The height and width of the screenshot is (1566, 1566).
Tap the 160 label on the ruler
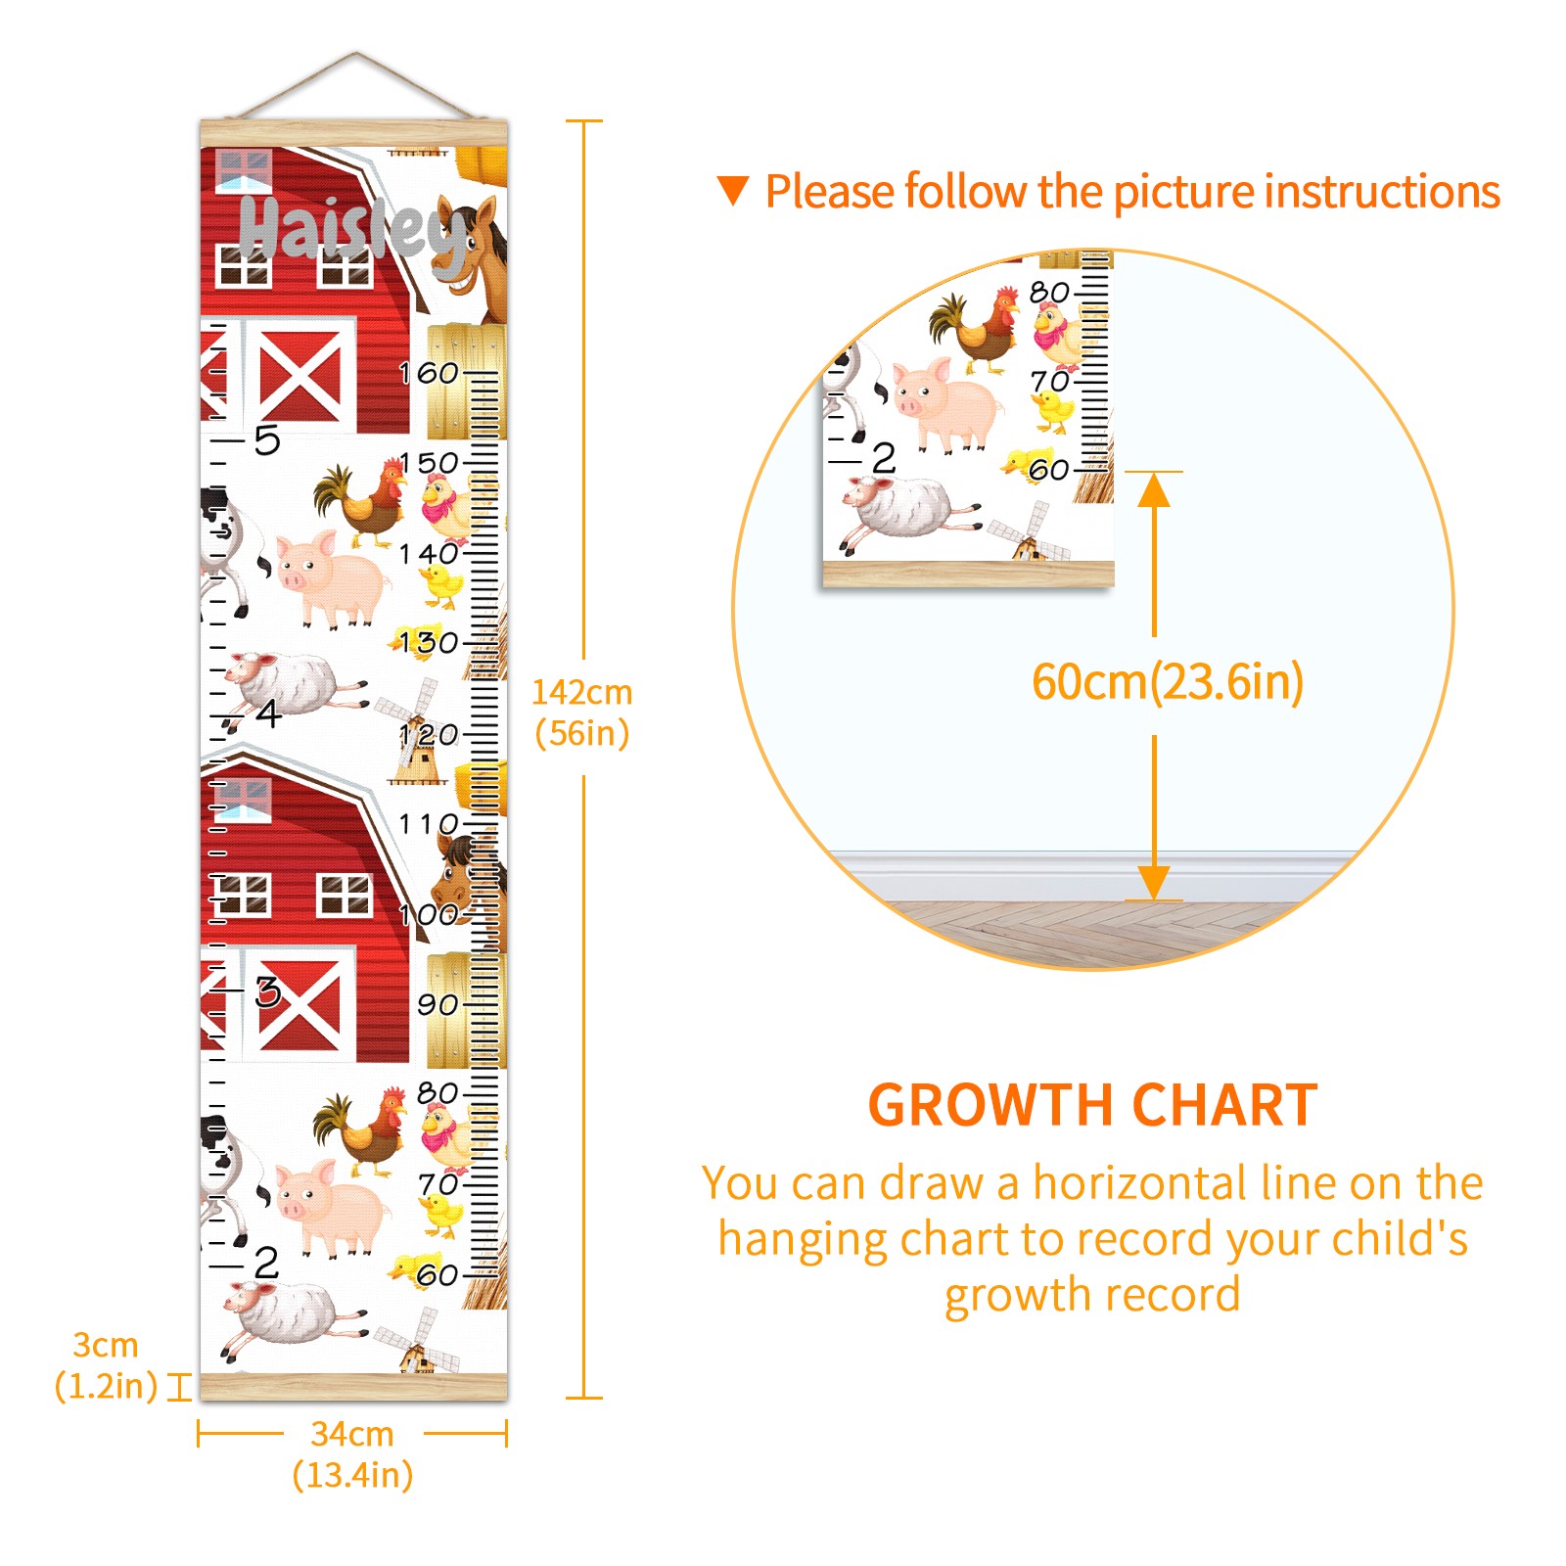tap(429, 373)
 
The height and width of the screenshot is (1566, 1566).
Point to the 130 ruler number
tap(429, 643)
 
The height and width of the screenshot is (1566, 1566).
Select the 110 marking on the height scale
tap(429, 824)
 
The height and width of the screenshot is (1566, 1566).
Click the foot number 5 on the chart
tap(267, 440)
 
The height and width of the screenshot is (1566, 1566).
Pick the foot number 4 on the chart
tap(269, 713)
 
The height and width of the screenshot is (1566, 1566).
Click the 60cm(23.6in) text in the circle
tap(1168, 682)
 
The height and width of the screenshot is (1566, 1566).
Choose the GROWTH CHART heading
tap(1092, 1105)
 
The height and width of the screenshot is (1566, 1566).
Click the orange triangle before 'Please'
tap(733, 191)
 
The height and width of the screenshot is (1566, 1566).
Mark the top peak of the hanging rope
tap(355, 53)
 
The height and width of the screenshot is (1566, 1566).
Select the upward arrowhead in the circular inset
tap(1154, 488)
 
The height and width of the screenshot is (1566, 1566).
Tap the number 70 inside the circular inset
tap(1049, 381)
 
